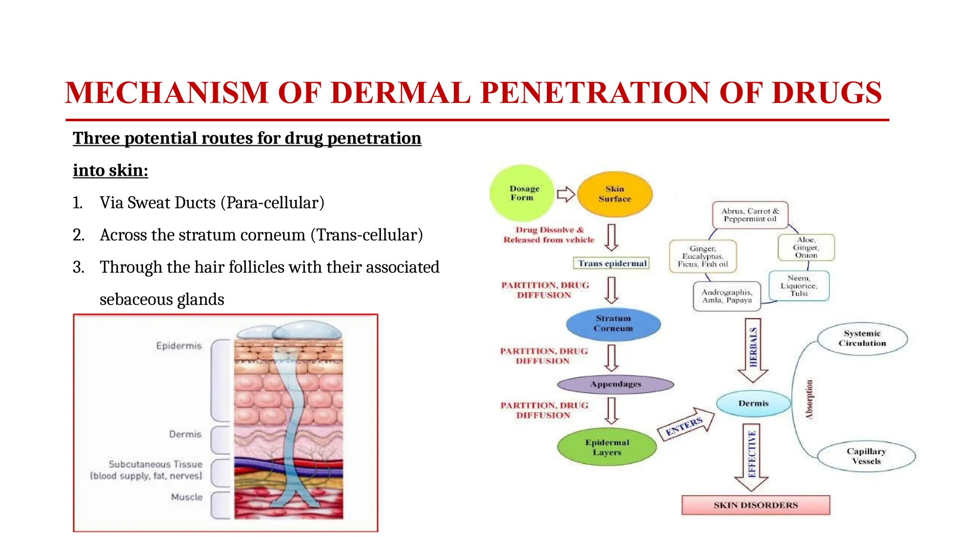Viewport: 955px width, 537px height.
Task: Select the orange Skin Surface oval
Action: point(615,194)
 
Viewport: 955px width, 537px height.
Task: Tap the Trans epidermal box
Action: point(612,263)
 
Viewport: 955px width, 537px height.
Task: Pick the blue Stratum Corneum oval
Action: point(613,324)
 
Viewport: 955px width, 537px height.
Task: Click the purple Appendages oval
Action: point(616,384)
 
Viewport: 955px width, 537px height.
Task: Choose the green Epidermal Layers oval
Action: point(607,447)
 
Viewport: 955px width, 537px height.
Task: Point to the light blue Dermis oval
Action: point(753,403)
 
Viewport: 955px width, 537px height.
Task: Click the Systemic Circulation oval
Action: point(862,338)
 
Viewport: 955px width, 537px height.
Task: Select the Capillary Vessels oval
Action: point(866,456)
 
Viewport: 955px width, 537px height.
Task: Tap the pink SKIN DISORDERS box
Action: point(755,505)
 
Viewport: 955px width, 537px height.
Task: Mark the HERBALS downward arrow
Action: point(753,350)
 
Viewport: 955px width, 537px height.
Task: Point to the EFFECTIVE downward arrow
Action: point(751,456)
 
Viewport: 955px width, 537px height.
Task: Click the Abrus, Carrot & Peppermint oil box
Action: point(750,215)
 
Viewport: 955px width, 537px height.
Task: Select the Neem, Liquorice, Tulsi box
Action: point(798,286)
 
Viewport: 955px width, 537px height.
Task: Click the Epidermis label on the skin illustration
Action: point(179,346)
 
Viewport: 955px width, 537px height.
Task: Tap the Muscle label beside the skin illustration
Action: point(187,497)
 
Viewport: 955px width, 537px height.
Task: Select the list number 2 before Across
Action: point(78,235)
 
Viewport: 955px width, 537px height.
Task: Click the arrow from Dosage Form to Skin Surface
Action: point(566,194)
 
